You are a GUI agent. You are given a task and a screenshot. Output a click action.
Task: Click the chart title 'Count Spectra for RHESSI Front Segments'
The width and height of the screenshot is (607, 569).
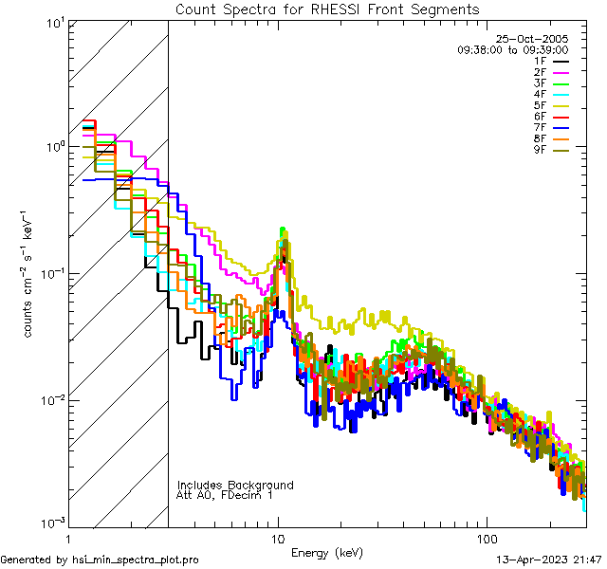327,9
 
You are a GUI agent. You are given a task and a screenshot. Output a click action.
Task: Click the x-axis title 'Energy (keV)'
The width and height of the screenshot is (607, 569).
327,552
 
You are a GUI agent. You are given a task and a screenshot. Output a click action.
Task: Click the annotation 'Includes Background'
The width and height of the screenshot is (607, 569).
235,485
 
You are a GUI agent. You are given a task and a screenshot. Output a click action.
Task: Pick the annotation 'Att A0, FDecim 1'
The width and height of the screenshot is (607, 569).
225,495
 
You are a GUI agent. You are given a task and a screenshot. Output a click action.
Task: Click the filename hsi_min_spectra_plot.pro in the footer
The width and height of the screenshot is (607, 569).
136,560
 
